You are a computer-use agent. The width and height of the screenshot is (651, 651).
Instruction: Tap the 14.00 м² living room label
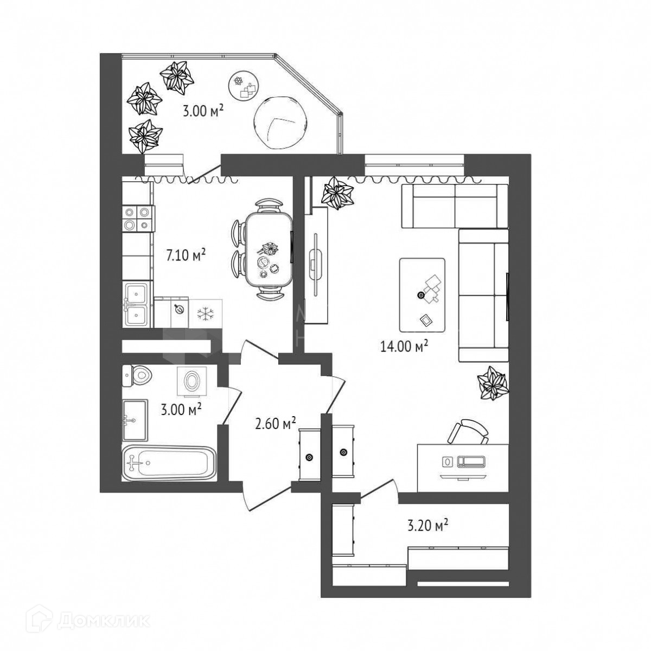pyautogui.click(x=405, y=346)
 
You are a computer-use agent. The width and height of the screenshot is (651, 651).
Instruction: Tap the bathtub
pyautogui.click(x=168, y=463)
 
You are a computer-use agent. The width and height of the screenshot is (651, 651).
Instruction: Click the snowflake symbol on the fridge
pyautogui.click(x=205, y=313)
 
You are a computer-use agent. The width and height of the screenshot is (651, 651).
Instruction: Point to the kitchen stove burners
pyautogui.click(x=137, y=219)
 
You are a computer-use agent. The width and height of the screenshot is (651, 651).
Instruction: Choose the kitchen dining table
pyautogui.click(x=268, y=250)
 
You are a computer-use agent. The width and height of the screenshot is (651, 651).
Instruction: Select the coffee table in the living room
pyautogui.click(x=423, y=295)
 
